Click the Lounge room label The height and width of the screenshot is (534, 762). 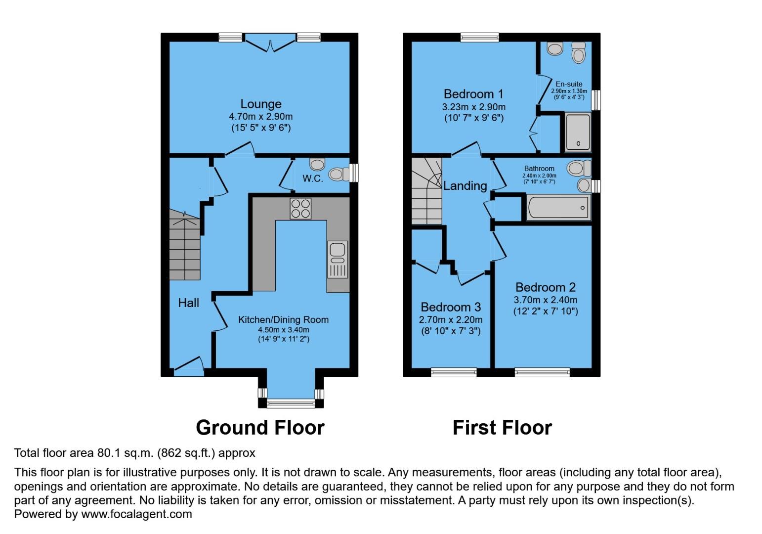pyautogui.click(x=260, y=104)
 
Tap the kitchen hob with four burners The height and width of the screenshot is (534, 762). pyautogui.click(x=300, y=208)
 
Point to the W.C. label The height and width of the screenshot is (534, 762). pyautogui.click(x=313, y=178)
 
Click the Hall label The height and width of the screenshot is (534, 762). pyautogui.click(x=188, y=303)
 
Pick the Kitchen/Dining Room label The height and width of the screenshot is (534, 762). pyautogui.click(x=283, y=319)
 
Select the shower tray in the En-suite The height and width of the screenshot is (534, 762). pyautogui.click(x=578, y=132)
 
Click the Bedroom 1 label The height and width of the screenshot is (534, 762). pyautogui.click(x=473, y=94)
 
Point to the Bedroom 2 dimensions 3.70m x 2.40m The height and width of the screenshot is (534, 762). pyautogui.click(x=545, y=300)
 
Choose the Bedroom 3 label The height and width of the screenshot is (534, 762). pyautogui.click(x=450, y=307)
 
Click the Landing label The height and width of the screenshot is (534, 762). pyautogui.click(x=465, y=186)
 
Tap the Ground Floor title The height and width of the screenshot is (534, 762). pyautogui.click(x=260, y=428)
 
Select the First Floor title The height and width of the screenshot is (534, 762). pyautogui.click(x=502, y=428)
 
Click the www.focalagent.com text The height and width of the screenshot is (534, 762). pyautogui.click(x=136, y=514)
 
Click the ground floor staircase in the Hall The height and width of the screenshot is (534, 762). pyautogui.click(x=185, y=245)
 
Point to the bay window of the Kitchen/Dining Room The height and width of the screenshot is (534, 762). pyautogui.click(x=291, y=403)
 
